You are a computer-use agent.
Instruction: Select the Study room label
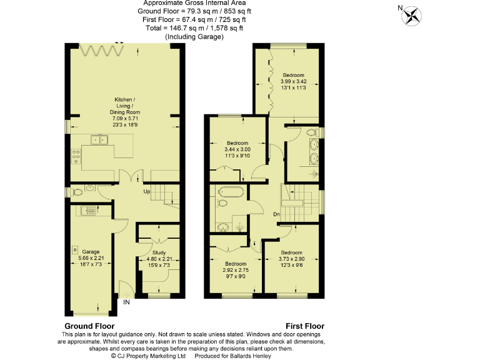click(x=159, y=257)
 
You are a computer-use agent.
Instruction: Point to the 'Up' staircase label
click(x=147, y=191)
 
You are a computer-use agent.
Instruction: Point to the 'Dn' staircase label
click(x=276, y=215)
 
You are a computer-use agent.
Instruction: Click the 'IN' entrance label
click(x=126, y=302)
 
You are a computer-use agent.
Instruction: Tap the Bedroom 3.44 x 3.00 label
click(x=237, y=149)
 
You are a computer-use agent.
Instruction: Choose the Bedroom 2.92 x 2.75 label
click(x=236, y=269)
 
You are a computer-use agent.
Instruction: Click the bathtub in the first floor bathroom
click(x=232, y=192)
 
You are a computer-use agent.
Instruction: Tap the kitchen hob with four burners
click(x=76, y=156)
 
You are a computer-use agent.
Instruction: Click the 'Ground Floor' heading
click(x=89, y=326)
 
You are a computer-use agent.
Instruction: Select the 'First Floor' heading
click(x=305, y=326)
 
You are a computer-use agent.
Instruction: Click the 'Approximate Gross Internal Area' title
click(x=194, y=4)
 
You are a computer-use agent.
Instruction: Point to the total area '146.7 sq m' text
click(x=181, y=28)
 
